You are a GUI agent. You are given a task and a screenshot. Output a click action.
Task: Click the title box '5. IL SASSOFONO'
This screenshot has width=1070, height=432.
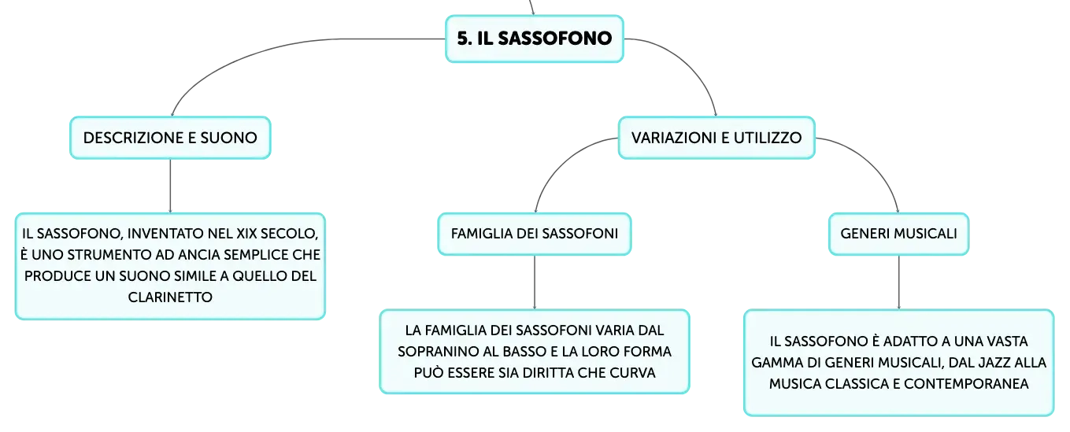coord(535,39)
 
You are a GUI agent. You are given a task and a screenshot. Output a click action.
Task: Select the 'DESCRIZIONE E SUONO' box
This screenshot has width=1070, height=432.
coord(171,138)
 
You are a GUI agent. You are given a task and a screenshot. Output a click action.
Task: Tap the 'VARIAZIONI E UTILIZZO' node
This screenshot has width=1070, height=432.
coord(716,138)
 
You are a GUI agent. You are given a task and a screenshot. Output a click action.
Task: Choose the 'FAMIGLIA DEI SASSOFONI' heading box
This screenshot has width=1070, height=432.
coord(535,234)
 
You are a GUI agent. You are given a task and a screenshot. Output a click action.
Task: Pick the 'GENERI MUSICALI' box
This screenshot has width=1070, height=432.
coord(898,234)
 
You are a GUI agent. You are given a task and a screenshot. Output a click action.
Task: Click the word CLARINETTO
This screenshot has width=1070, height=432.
coord(170,297)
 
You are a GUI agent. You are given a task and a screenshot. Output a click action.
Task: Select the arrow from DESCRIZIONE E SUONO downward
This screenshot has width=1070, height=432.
coord(171,186)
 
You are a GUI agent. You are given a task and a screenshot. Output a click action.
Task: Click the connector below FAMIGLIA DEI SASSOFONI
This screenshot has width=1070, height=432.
coord(535,282)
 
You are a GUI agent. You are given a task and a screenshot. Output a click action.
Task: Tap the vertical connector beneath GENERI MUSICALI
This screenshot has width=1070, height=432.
coord(898,282)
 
